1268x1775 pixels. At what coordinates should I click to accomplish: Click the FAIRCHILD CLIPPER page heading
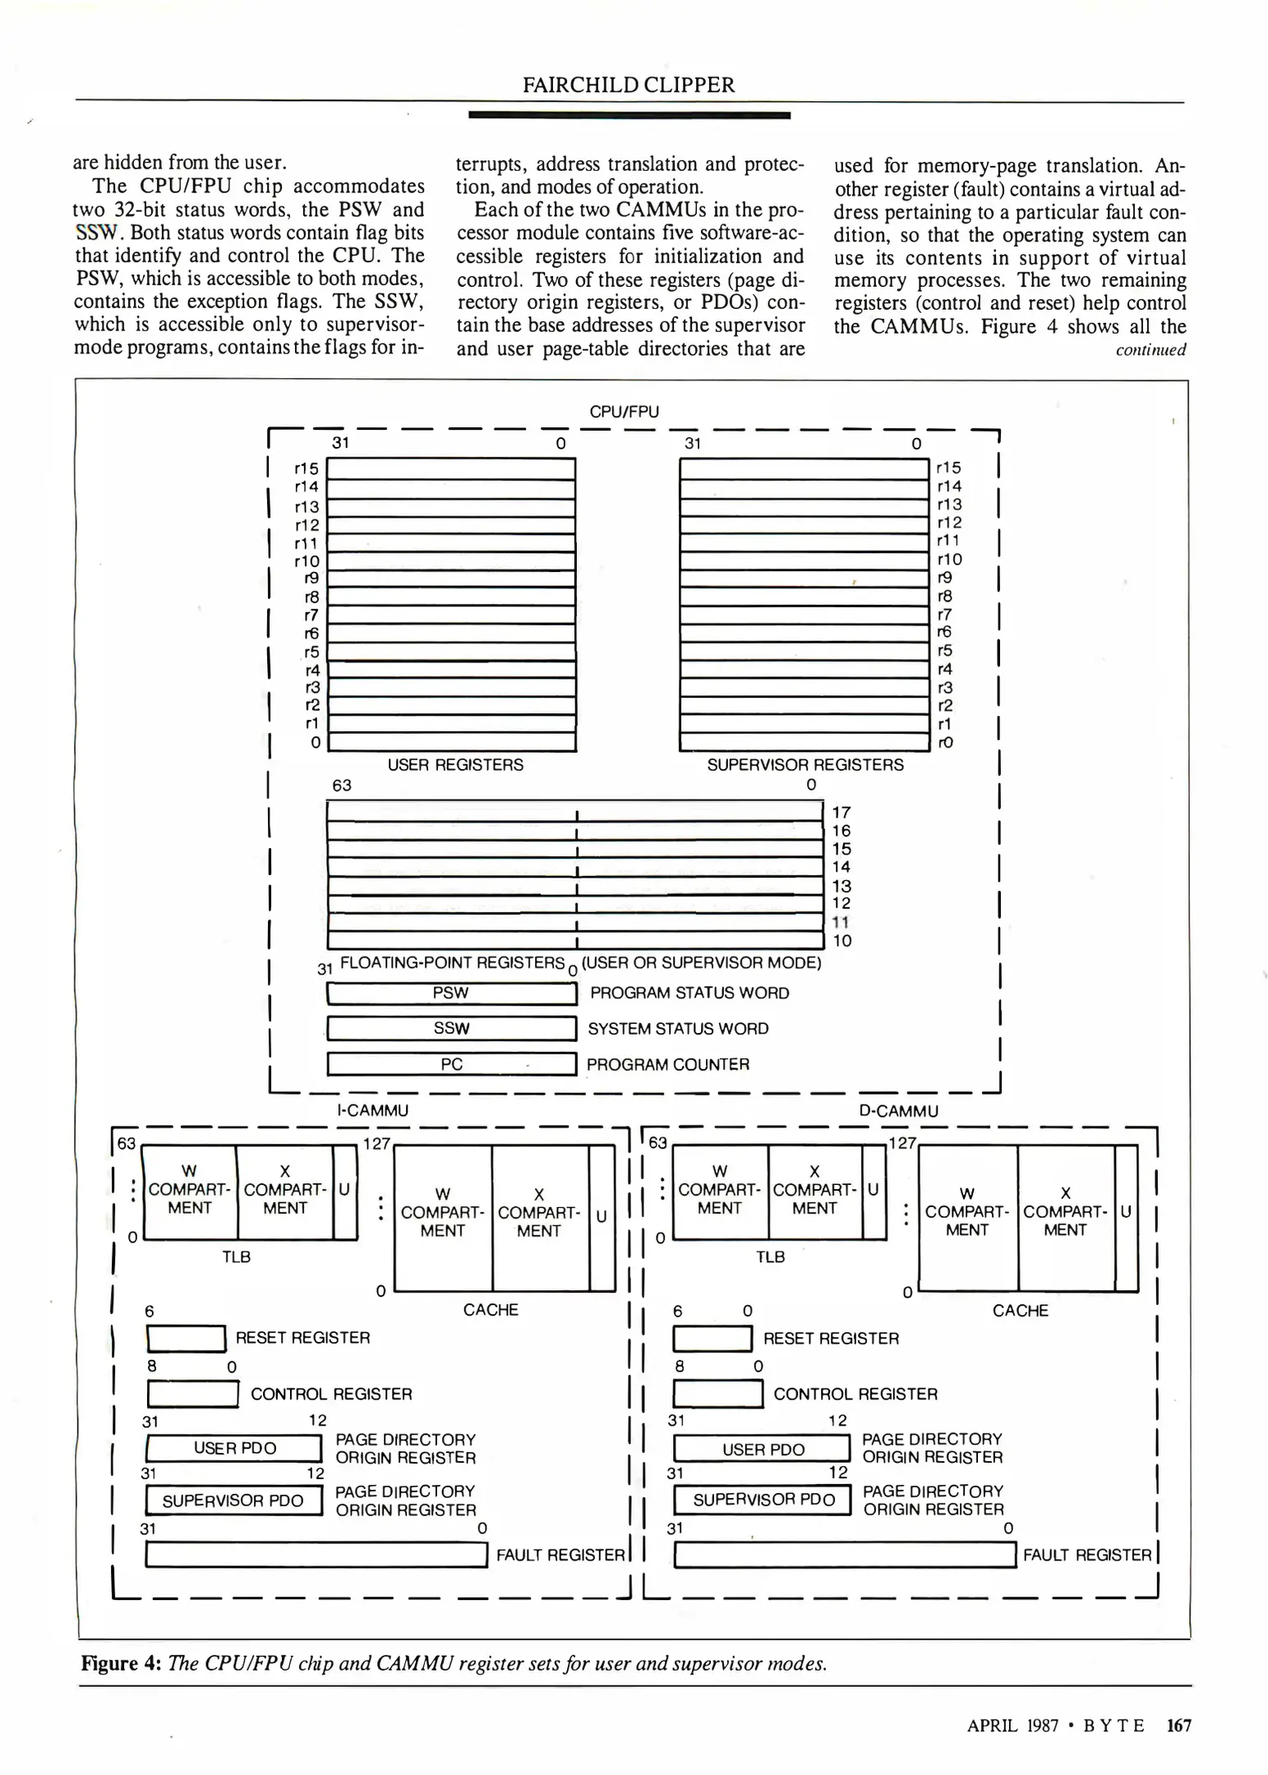[x=629, y=85]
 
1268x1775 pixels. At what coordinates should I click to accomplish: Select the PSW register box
[x=451, y=994]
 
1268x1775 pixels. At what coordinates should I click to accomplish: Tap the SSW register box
[x=451, y=1029]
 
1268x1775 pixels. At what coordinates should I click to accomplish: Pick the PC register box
[x=451, y=1064]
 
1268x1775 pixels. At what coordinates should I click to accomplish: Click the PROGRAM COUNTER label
[x=667, y=1065]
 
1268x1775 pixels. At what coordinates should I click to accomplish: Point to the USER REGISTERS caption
[x=455, y=765]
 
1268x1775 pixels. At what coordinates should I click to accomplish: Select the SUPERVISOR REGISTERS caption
[x=805, y=765]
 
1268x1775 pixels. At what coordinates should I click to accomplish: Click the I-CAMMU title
[x=372, y=1111]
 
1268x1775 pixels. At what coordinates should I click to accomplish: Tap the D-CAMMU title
[x=898, y=1112]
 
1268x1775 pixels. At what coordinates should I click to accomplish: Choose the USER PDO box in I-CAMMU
[x=234, y=1449]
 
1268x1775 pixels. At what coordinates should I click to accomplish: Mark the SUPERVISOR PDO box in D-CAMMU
[x=763, y=1500]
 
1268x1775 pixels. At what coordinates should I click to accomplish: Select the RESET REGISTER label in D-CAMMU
[x=831, y=1339]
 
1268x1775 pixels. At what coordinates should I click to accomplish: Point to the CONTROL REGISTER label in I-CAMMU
[x=331, y=1395]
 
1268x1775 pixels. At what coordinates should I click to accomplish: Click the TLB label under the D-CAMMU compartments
[x=770, y=1257]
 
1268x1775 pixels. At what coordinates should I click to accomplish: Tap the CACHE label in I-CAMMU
[x=491, y=1310]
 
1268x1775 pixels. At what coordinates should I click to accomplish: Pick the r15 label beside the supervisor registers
[x=948, y=468]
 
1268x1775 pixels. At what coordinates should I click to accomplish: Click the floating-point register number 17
[x=841, y=813]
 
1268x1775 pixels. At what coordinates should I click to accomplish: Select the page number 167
[x=1178, y=1726]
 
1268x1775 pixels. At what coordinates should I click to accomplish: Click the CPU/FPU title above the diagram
[x=624, y=412]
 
